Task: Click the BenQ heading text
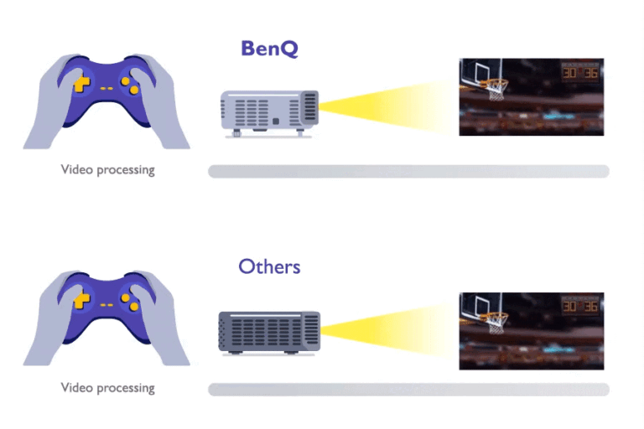point(269,49)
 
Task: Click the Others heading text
point(269,267)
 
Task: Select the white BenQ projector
point(268,112)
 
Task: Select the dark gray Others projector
point(268,332)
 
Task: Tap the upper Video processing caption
point(108,170)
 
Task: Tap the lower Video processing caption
point(108,388)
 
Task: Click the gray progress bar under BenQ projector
point(408,172)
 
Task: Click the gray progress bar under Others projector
point(408,390)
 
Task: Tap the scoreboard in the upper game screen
point(581,72)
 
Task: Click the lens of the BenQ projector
point(309,106)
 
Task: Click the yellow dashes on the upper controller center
point(106,86)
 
